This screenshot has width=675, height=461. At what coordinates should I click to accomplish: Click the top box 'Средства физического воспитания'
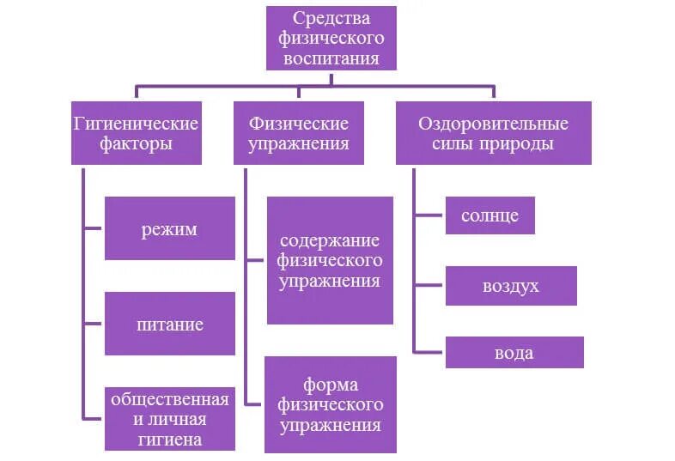(331, 39)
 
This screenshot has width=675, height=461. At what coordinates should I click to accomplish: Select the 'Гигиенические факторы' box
(136, 133)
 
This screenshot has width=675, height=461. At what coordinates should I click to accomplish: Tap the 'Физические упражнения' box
(299, 133)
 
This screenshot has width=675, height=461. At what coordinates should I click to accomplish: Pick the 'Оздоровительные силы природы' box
(493, 133)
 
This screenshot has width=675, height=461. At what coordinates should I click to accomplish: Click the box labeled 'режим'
(170, 228)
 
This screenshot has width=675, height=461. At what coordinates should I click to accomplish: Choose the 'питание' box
(170, 324)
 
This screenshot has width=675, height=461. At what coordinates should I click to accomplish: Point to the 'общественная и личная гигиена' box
(170, 419)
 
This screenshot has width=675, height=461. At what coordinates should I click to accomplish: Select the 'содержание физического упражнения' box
(331, 260)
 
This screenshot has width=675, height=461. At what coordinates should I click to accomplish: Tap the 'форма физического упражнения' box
(331, 404)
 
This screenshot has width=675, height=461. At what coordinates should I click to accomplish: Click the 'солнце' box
(490, 215)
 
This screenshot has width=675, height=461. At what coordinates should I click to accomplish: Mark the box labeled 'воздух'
(511, 286)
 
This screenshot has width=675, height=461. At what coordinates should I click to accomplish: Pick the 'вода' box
(514, 353)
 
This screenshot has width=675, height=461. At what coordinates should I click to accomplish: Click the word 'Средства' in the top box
(331, 19)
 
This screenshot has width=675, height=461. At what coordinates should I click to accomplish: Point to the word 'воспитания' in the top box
(331, 60)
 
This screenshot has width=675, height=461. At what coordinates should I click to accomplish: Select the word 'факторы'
(136, 144)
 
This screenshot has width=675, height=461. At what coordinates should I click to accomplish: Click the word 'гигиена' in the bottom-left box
(170, 440)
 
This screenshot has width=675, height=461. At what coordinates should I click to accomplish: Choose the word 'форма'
(331, 384)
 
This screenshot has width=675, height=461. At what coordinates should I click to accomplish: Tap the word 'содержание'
(331, 240)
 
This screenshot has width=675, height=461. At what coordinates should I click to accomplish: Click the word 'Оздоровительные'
(493, 123)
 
